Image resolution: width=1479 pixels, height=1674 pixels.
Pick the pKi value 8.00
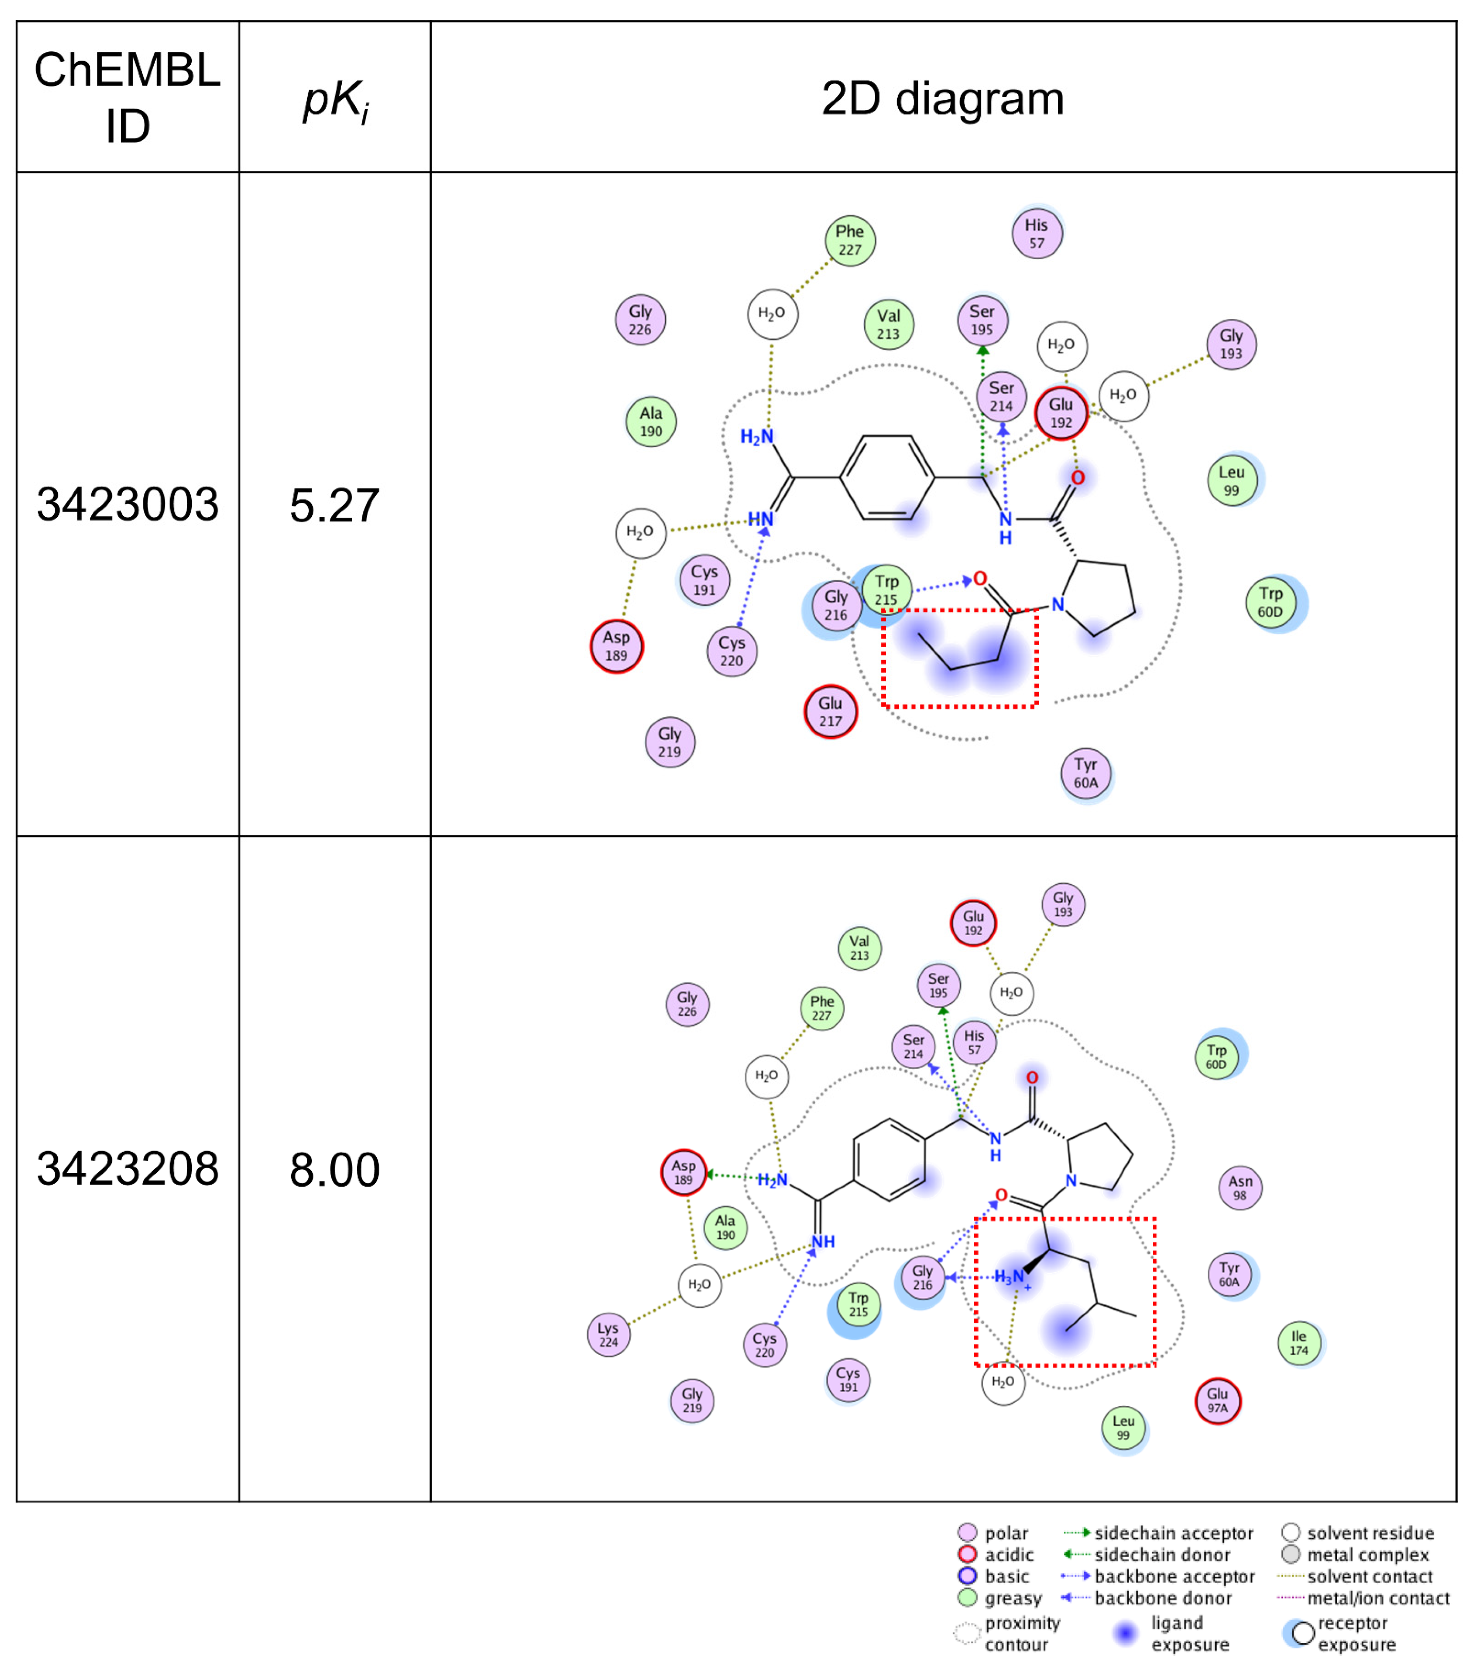[334, 1170]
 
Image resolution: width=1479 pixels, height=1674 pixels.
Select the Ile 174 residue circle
[1299, 1343]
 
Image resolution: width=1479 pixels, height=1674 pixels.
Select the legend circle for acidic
[967, 1555]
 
